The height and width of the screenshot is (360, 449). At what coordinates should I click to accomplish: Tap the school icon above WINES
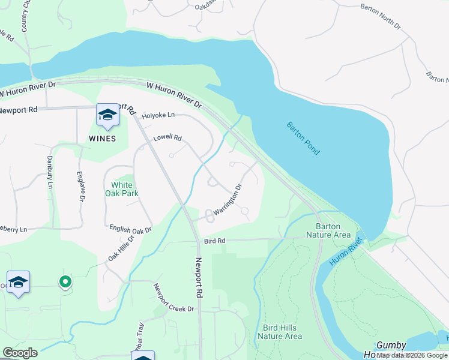click(x=107, y=115)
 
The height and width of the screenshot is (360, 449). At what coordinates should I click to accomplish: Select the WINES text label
click(x=102, y=139)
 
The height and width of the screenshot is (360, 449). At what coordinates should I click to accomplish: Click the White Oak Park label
click(x=121, y=189)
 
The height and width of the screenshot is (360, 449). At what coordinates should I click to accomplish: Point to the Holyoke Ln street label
click(x=158, y=115)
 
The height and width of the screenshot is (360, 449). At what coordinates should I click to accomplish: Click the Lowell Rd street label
click(x=167, y=137)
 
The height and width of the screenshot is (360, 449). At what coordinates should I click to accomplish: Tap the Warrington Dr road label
click(x=228, y=199)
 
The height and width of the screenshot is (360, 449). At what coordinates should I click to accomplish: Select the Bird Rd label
click(x=214, y=241)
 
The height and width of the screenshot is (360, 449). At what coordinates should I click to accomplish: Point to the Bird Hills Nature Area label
click(x=279, y=332)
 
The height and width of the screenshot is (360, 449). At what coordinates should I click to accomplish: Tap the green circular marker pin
click(x=65, y=281)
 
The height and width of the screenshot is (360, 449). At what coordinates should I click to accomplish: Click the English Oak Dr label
click(x=130, y=229)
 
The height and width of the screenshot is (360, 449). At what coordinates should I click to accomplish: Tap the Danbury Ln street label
click(x=50, y=173)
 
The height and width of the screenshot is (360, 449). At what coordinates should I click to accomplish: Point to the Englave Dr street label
click(x=80, y=186)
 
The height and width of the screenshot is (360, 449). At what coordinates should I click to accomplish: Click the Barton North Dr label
click(x=380, y=16)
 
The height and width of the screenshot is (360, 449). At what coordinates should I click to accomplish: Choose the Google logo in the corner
click(x=20, y=353)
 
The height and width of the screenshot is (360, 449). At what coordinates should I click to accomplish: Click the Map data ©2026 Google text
click(x=412, y=355)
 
